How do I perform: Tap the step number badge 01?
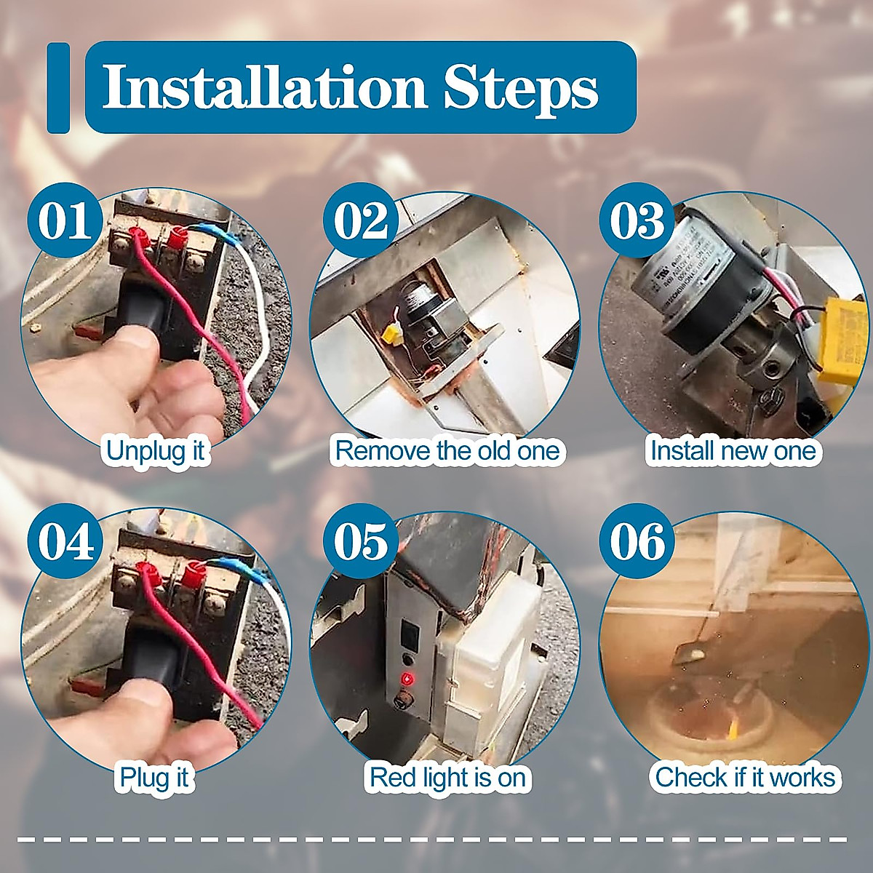click(65, 220)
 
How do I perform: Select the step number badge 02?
click(361, 220)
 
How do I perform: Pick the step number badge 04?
click(65, 541)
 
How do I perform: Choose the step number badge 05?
click(361, 541)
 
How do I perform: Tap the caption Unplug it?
click(156, 452)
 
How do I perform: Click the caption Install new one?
click(733, 451)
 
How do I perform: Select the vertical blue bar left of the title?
click(58, 88)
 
